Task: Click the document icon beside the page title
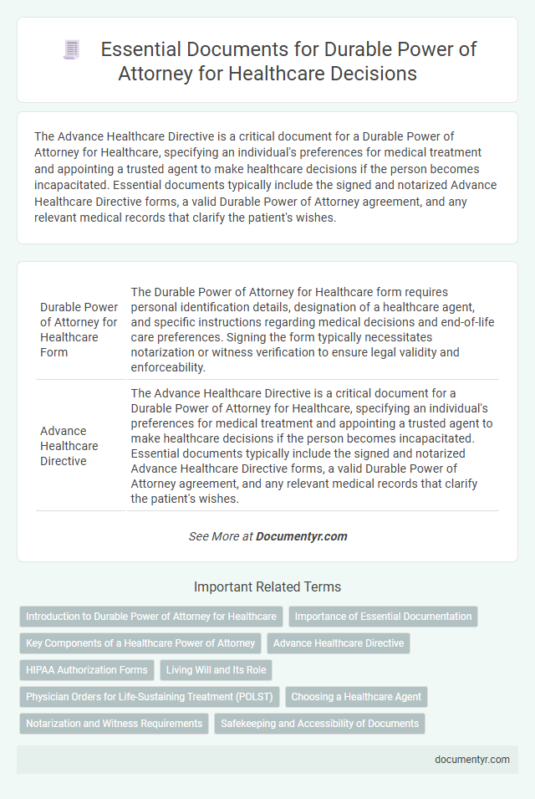pyautogui.click(x=72, y=50)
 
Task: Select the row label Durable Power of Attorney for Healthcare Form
pyautogui.click(x=79, y=330)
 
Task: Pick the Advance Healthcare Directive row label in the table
pyautogui.click(x=69, y=446)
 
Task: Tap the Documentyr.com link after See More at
pyautogui.click(x=302, y=536)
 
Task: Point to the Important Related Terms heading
pyautogui.click(x=267, y=587)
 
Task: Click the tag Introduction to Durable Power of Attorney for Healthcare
pyautogui.click(x=151, y=617)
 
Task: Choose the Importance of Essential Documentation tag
pyautogui.click(x=383, y=617)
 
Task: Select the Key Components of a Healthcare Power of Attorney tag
pyautogui.click(x=140, y=643)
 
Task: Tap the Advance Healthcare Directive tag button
pyautogui.click(x=339, y=643)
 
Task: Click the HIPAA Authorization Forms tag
pyautogui.click(x=87, y=670)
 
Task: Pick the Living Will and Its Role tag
pyautogui.click(x=216, y=670)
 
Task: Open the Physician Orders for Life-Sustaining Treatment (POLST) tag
pyautogui.click(x=151, y=697)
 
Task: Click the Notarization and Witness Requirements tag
pyautogui.click(x=115, y=724)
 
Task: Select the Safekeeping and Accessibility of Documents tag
pyautogui.click(x=320, y=724)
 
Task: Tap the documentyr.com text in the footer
pyautogui.click(x=472, y=760)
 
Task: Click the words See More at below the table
pyautogui.click(x=221, y=536)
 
